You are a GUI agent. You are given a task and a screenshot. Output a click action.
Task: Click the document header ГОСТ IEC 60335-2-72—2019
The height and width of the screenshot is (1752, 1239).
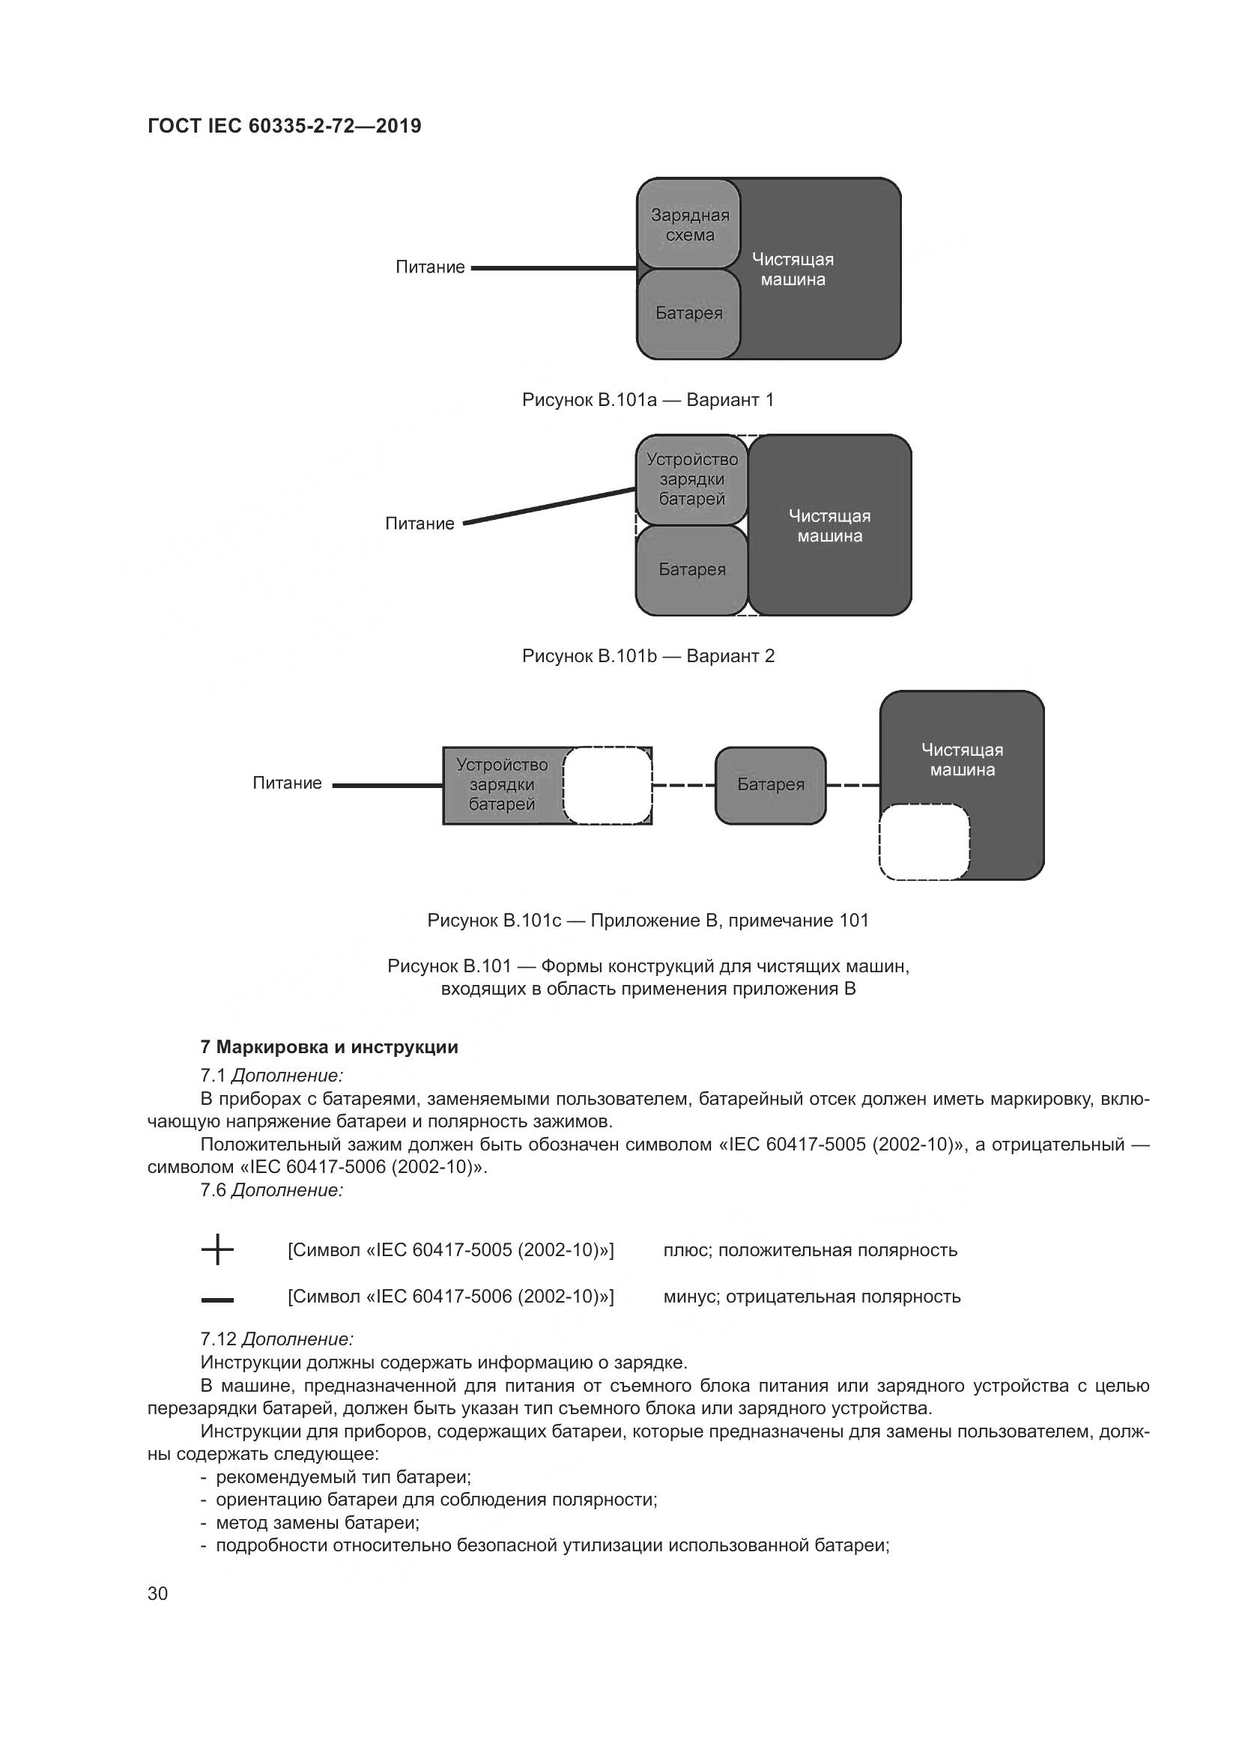[284, 126]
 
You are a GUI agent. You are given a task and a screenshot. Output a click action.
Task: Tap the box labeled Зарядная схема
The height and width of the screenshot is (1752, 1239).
[689, 225]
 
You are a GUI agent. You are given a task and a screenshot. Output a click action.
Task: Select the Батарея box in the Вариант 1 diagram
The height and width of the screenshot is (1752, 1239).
[689, 314]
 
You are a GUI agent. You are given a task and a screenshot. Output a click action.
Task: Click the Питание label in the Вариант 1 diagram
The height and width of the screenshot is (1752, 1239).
[429, 267]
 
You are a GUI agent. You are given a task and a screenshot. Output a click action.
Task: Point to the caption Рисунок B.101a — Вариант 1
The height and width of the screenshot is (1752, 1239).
[648, 400]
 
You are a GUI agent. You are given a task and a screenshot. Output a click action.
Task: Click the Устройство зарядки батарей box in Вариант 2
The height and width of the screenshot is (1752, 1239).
[692, 479]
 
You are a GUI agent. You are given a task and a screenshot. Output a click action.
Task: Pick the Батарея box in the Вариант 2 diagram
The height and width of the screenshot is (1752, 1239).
[692, 570]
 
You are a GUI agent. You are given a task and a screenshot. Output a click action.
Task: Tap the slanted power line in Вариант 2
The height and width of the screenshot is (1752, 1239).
[549, 506]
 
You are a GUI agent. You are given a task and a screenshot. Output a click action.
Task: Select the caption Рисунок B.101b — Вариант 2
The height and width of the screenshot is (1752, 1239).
[648, 656]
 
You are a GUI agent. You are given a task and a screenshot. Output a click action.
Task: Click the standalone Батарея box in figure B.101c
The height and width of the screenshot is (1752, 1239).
[771, 785]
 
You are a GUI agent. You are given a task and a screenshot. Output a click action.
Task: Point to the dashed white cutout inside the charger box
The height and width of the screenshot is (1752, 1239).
[608, 785]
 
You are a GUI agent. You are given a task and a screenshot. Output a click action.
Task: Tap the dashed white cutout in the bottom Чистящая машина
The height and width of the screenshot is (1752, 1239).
[924, 842]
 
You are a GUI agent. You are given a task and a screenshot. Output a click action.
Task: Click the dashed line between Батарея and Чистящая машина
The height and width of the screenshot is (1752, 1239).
[853, 785]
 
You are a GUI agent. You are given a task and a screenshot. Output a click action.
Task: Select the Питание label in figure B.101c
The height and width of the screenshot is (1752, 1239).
[287, 783]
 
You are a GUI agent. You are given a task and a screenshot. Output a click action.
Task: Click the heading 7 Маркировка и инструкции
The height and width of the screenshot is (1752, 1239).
[329, 1047]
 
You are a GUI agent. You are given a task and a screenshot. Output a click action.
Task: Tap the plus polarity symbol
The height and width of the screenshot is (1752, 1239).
[217, 1250]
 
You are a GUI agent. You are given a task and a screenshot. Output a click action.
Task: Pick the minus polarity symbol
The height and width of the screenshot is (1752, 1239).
[217, 1300]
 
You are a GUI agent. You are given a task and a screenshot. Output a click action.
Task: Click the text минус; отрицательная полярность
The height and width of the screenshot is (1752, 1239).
[812, 1297]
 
